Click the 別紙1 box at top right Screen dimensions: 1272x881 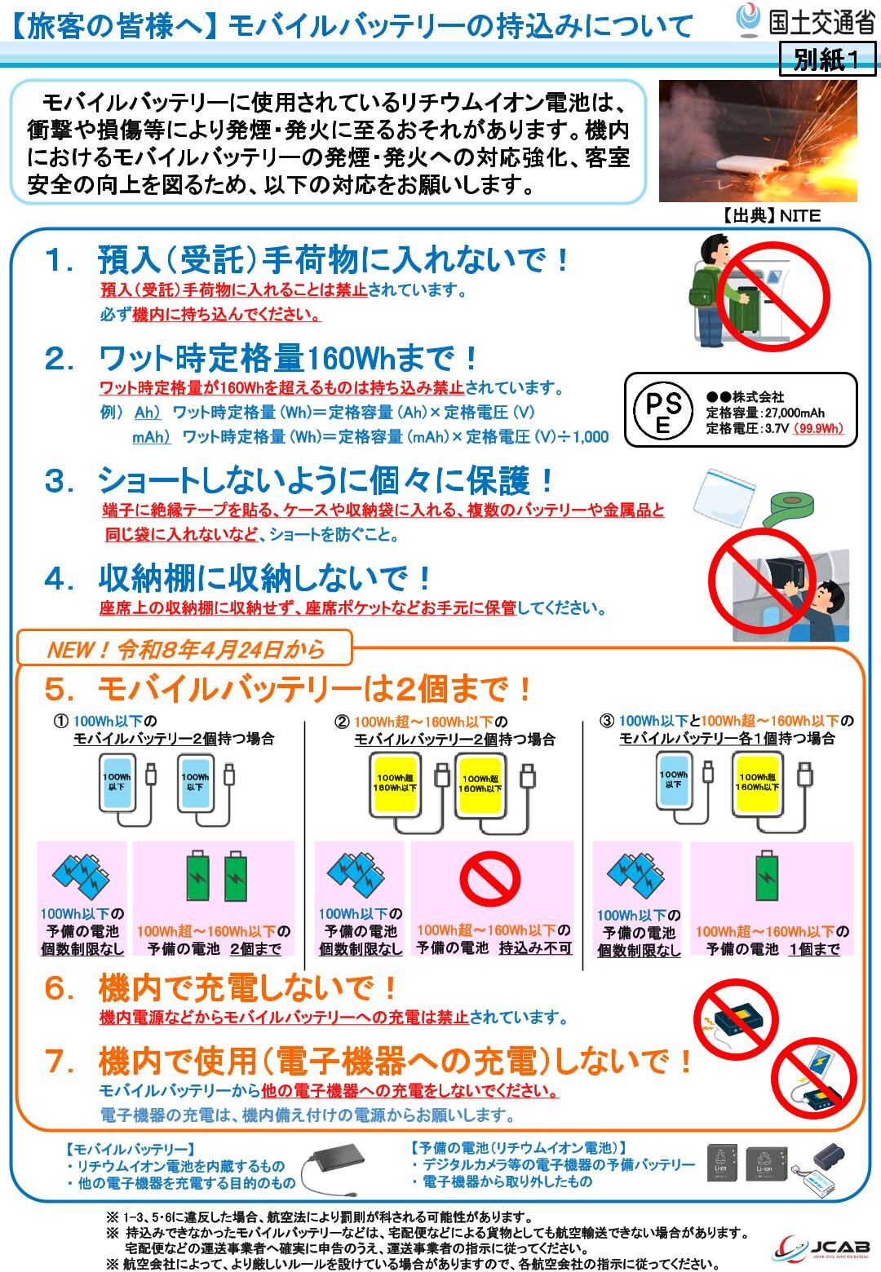[x=827, y=60]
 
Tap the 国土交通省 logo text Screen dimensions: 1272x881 [x=821, y=22]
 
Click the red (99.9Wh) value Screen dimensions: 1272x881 [x=818, y=428]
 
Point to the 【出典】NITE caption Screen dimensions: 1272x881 [x=772, y=215]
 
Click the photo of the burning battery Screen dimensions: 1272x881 [x=758, y=140]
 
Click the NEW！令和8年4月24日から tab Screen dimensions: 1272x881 [x=186, y=649]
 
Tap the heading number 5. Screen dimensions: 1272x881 [x=59, y=690]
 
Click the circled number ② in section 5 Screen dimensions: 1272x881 [x=342, y=722]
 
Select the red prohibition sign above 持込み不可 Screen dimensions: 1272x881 [x=489, y=879]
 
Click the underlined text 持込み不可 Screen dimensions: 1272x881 [x=535, y=948]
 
